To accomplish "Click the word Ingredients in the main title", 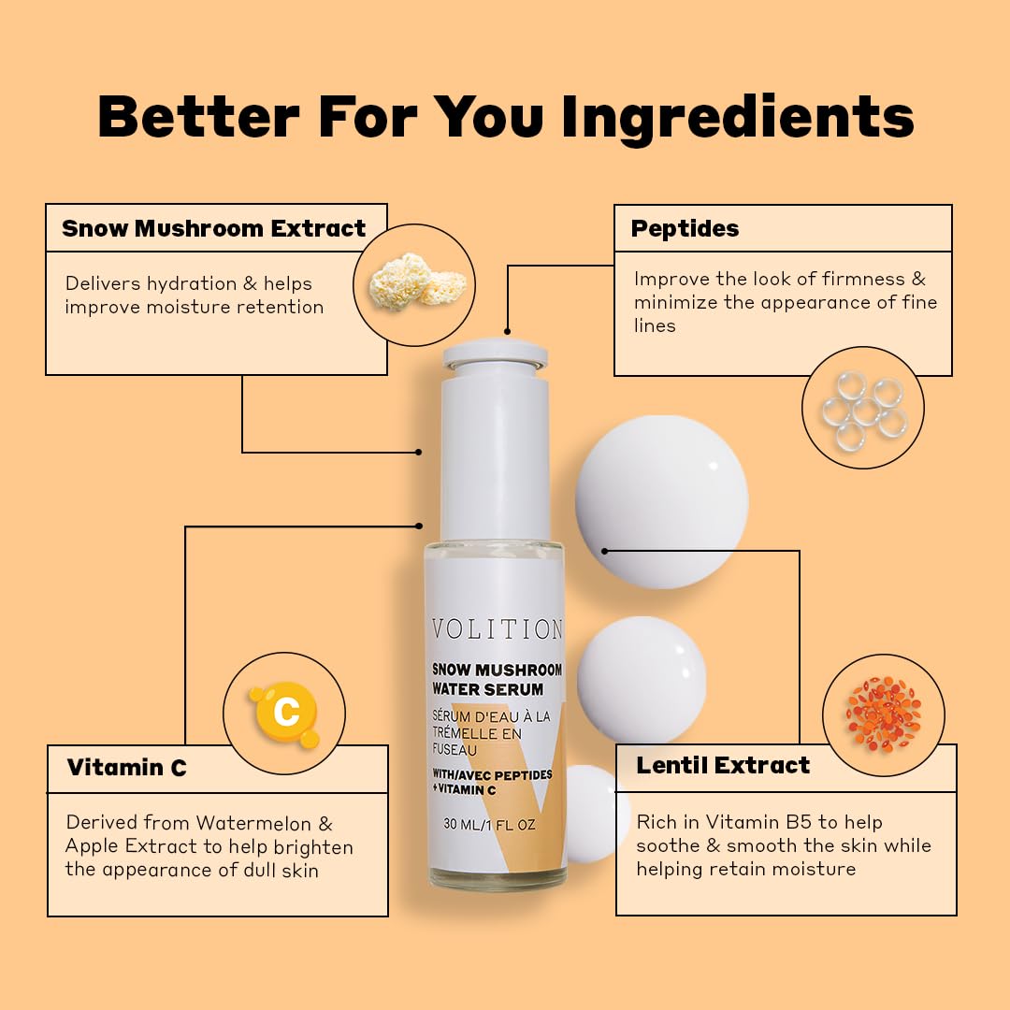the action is pyautogui.click(x=738, y=117).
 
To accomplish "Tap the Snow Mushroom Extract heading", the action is pyautogui.click(x=214, y=228).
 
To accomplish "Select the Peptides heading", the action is pyautogui.click(x=685, y=229).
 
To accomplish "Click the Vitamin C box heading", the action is pyautogui.click(x=127, y=767).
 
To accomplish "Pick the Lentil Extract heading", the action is pyautogui.click(x=723, y=765).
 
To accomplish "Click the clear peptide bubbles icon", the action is pyautogui.click(x=864, y=410).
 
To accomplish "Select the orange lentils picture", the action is pyautogui.click(x=884, y=714).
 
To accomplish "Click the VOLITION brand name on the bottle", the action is pyautogui.click(x=498, y=629).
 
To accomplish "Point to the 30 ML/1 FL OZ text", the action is pyautogui.click(x=489, y=825).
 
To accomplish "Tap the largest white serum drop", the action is pyautogui.click(x=661, y=502).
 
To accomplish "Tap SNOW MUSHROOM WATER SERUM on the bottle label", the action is pyautogui.click(x=497, y=680).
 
